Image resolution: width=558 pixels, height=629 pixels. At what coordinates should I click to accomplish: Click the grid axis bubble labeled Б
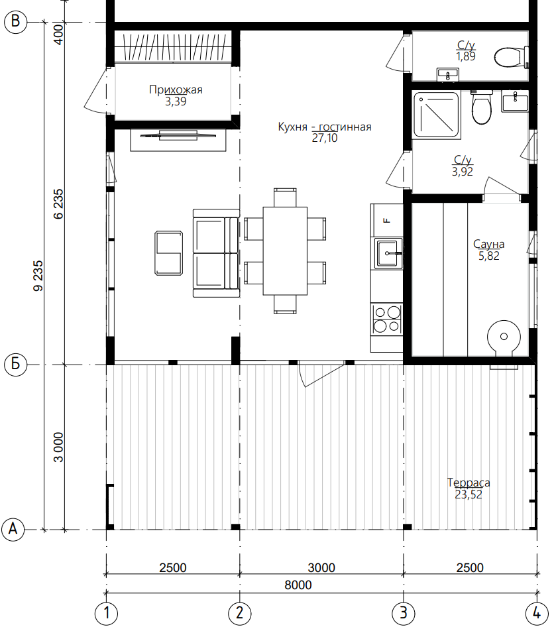[15, 365]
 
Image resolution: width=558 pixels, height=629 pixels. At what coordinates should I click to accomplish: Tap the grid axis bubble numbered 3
[403, 612]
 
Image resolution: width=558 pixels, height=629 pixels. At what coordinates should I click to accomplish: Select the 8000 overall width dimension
[298, 585]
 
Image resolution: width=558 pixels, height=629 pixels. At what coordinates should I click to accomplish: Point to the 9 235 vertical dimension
[38, 276]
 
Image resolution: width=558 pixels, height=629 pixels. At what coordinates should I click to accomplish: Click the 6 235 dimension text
[58, 203]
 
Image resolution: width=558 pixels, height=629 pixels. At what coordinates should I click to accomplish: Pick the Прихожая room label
[176, 89]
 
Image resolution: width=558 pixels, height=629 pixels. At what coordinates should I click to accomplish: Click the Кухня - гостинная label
[325, 127]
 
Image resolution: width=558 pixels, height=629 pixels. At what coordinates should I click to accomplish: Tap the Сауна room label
[488, 244]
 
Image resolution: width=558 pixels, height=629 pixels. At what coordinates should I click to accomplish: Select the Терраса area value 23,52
[469, 494]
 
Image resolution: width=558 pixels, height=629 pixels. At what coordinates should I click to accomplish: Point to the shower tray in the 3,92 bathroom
[437, 115]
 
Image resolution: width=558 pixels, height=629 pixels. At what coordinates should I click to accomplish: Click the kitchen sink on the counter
[388, 253]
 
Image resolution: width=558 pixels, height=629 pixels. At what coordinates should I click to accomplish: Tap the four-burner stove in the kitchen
[387, 319]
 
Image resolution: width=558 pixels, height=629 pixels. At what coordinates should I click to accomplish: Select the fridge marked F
[387, 220]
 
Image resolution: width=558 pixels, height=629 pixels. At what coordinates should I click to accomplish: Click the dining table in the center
[285, 251]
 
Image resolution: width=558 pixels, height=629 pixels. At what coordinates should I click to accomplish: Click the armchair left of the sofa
[169, 253]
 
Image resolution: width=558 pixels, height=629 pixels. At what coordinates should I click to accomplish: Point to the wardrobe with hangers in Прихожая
[173, 46]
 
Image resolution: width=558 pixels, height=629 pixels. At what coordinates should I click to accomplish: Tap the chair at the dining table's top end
[285, 198]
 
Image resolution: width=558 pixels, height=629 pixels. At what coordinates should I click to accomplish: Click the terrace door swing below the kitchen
[321, 375]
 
